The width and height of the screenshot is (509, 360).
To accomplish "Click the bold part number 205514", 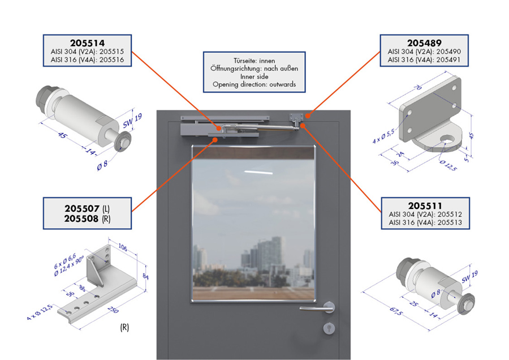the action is tap(87, 43).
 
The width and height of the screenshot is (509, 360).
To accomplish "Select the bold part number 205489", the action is tap(424, 43).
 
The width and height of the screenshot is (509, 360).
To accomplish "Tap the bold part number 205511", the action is tap(425, 205).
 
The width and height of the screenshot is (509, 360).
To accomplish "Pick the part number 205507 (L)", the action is tap(87, 208).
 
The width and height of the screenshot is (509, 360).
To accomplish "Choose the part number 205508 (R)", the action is tap(87, 218).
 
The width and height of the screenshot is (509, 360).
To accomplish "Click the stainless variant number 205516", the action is tap(111, 60).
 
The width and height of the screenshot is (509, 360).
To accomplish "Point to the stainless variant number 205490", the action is tap(448, 52).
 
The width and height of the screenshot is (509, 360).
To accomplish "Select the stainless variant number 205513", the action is tap(450, 222).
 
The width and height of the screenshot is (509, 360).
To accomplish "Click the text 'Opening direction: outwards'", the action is tap(254, 84).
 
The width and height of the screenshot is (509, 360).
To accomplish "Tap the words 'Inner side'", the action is tap(254, 76).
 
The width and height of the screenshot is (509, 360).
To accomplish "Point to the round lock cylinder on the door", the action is tap(329, 328).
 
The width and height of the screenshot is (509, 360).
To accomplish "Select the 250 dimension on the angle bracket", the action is tap(113, 309).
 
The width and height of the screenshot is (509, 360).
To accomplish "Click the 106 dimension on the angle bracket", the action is tap(122, 247).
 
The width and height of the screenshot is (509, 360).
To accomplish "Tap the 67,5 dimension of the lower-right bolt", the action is tap(396, 311).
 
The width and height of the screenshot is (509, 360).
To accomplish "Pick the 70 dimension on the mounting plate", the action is tap(418, 87).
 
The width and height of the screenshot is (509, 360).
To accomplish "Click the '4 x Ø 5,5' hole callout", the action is tap(383, 136).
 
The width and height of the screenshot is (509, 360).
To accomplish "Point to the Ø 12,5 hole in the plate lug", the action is tap(448, 140).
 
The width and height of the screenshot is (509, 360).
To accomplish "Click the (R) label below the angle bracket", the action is tap(124, 327).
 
